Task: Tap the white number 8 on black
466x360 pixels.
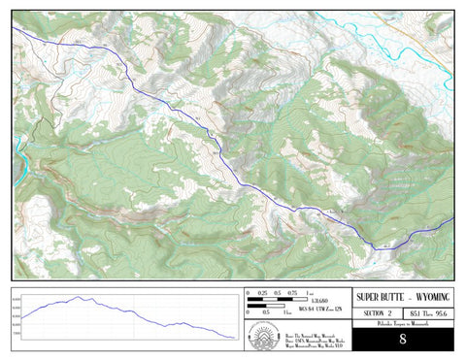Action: pyautogui.click(x=402, y=339)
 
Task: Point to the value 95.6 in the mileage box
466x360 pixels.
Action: pyautogui.click(x=442, y=313)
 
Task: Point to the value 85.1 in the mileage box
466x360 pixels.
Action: pyautogui.click(x=415, y=313)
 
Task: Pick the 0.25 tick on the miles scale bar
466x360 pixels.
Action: pyautogui.click(x=263, y=292)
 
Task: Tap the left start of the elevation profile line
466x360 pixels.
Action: pyautogui.click(x=22, y=317)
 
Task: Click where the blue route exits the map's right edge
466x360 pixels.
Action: pyautogui.click(x=452, y=221)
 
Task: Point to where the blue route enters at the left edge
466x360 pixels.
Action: pyautogui.click(x=15, y=29)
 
